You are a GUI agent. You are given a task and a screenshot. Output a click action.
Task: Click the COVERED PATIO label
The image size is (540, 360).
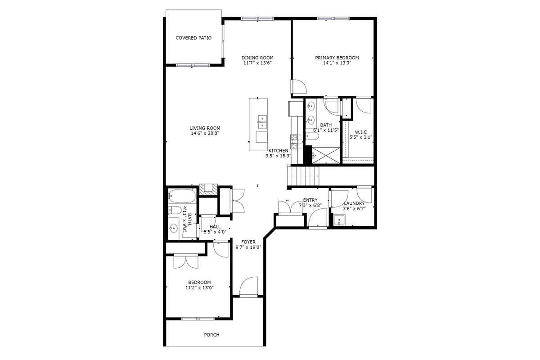click(x=193, y=38)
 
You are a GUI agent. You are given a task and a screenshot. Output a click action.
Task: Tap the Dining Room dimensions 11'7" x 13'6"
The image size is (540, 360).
click(x=257, y=63)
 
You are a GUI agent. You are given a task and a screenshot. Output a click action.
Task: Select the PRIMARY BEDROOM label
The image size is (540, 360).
click(x=337, y=58)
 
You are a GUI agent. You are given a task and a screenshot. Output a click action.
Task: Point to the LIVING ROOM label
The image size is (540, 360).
click(x=205, y=128)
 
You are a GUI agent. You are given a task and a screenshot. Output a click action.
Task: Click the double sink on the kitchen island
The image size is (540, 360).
click(x=262, y=119)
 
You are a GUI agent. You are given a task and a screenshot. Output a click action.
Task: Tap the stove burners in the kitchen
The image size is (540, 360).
click(x=294, y=142)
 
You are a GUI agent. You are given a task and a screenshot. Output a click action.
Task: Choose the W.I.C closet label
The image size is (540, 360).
click(x=361, y=132)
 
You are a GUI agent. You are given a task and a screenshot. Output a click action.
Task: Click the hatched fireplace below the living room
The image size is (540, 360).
click(x=208, y=189)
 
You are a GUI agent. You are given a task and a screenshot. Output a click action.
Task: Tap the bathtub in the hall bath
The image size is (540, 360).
click(x=182, y=196)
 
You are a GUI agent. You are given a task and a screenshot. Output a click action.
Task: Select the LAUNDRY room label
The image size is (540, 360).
click(x=354, y=203)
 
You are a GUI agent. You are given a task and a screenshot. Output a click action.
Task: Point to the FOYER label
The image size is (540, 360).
click(x=248, y=242)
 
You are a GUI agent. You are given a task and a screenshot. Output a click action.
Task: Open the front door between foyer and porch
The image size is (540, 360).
click(x=249, y=288)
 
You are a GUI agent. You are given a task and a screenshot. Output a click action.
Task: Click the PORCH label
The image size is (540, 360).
click(x=211, y=335)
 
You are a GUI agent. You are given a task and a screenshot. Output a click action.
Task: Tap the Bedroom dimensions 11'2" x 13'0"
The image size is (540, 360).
click(x=199, y=288)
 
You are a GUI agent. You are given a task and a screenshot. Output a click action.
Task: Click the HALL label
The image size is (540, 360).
click(x=215, y=226)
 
